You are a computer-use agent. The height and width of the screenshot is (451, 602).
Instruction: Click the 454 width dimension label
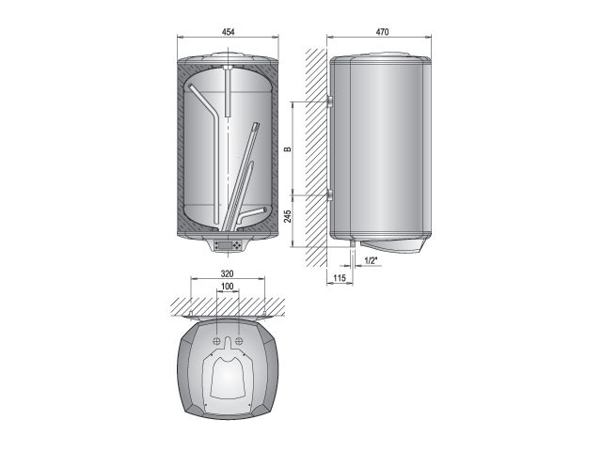(228, 32)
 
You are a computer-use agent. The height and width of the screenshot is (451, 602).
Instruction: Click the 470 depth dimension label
(382, 32)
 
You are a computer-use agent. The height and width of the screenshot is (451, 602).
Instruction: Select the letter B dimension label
(287, 148)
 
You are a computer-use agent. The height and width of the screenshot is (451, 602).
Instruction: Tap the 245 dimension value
(288, 216)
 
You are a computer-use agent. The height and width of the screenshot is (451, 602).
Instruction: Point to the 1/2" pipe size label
(371, 260)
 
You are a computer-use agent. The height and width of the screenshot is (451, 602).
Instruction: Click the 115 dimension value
(340, 278)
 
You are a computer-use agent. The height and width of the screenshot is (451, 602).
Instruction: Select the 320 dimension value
(228, 273)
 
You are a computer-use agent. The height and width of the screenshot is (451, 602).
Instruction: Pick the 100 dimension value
(228, 286)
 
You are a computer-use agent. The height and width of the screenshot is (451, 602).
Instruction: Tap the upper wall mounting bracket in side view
(329, 101)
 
